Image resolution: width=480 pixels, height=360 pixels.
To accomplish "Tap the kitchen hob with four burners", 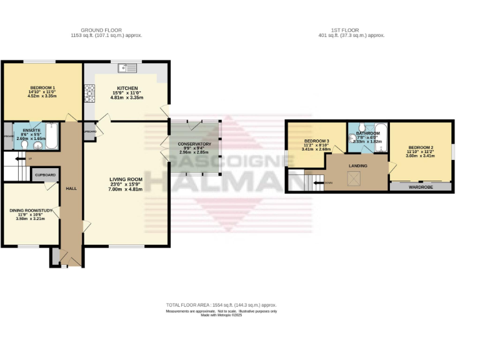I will point(89,92).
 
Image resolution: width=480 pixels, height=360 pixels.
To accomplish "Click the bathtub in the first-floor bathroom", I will point(382,137).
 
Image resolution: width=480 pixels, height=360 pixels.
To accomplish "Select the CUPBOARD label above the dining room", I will point(46,175).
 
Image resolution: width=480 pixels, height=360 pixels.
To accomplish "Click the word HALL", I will point(71,188).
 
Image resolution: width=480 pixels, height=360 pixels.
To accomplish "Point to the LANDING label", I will point(358,166).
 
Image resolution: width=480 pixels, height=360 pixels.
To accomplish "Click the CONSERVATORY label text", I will point(194,144).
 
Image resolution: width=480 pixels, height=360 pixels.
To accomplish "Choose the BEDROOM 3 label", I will point(316,141).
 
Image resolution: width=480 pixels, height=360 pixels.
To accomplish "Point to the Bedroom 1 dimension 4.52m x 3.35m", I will point(42,97).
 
